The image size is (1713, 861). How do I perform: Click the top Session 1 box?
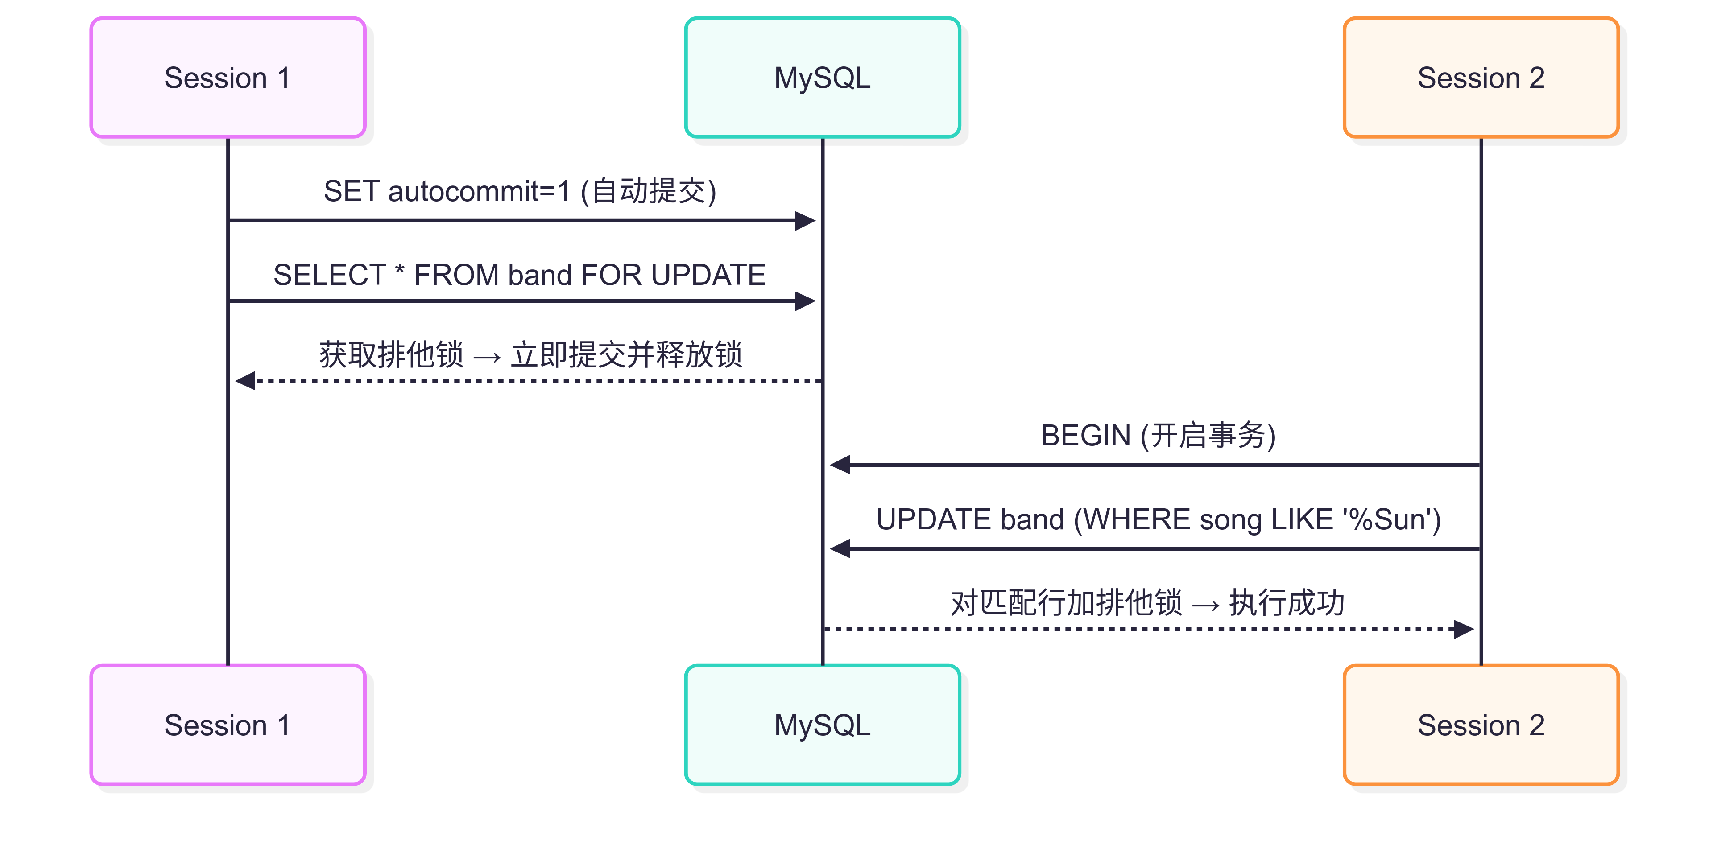point(228,78)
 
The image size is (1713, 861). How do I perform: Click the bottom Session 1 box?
point(228,725)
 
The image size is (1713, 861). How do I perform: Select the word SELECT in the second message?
point(329,275)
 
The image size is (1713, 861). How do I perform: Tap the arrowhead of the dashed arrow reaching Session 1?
point(245,381)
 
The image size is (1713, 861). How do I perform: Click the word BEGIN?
point(1085,436)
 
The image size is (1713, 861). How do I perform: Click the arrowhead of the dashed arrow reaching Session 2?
point(1464,629)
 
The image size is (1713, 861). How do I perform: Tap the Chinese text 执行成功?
point(1286,603)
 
